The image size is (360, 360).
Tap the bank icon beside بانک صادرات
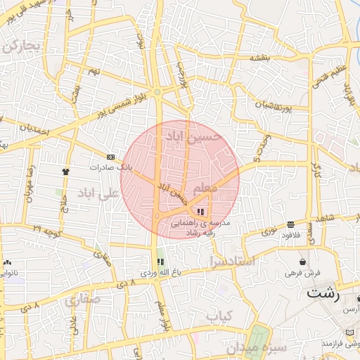pyautogui.click(x=110, y=156)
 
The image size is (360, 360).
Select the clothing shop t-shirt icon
pyautogui.click(x=66, y=170)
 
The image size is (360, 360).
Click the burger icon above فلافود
pyautogui.click(x=290, y=224)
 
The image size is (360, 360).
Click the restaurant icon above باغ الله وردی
pyautogui.click(x=160, y=262)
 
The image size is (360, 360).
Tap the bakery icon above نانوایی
pyautogui.click(x=7, y=261)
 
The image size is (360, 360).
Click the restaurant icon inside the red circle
pyautogui.click(x=201, y=212)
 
